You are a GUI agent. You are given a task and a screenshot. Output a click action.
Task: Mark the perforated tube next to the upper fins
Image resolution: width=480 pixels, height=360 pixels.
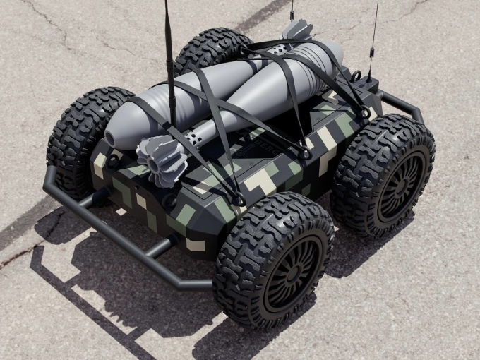tap(278, 49)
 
